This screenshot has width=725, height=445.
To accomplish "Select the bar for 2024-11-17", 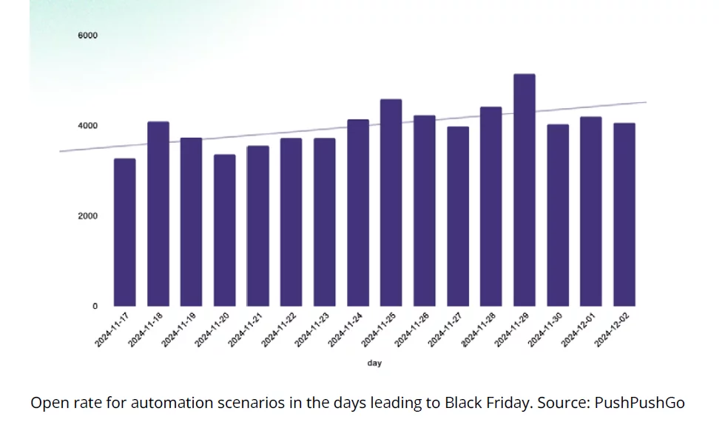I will [x=124, y=232].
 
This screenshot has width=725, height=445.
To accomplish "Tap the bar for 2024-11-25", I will [x=391, y=203].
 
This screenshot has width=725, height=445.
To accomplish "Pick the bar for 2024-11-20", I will [x=224, y=230].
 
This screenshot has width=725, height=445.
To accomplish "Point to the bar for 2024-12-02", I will [x=624, y=215].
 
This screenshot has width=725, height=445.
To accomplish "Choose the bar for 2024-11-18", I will [x=158, y=214].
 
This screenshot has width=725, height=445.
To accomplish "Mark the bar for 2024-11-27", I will [x=457, y=216].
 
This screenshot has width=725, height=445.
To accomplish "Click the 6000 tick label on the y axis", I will [x=88, y=36].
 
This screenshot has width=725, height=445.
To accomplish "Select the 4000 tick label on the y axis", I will [x=88, y=126].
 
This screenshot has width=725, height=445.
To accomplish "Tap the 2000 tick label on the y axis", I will [x=88, y=216].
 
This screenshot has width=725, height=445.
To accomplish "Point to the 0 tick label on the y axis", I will [x=94, y=306].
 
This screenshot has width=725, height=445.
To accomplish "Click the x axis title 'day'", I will [x=374, y=363].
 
